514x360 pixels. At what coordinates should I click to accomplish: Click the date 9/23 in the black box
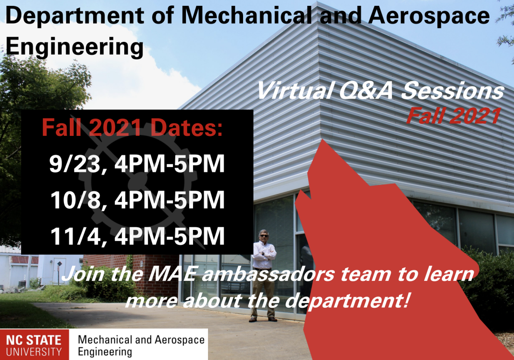click(x=75, y=163)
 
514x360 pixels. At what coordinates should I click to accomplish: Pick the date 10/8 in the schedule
click(x=76, y=200)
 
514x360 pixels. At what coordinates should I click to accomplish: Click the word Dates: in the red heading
click(x=187, y=127)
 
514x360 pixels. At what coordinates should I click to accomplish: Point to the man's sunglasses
click(x=264, y=235)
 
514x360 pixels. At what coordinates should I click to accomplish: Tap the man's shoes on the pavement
click(x=263, y=319)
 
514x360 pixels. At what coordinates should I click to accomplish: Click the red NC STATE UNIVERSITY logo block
click(x=34, y=345)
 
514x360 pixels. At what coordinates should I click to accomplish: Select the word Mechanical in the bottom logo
click(x=105, y=340)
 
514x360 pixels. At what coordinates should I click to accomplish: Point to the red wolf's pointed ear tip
click(x=323, y=140)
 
